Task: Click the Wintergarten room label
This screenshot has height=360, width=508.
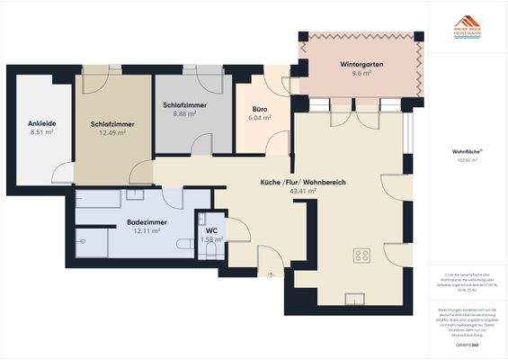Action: pyautogui.click(x=361, y=66)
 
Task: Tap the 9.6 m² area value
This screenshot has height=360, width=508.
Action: pyautogui.click(x=361, y=76)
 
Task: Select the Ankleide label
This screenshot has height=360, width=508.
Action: pyautogui.click(x=42, y=122)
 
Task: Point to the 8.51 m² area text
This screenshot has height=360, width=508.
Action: pyautogui.click(x=42, y=132)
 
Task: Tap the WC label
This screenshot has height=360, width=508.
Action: pyautogui.click(x=212, y=230)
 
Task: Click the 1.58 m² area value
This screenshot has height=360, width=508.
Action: pyautogui.click(x=212, y=239)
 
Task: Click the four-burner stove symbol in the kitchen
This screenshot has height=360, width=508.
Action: pyautogui.click(x=362, y=256)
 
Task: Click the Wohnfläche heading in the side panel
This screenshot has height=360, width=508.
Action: pyautogui.click(x=465, y=152)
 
